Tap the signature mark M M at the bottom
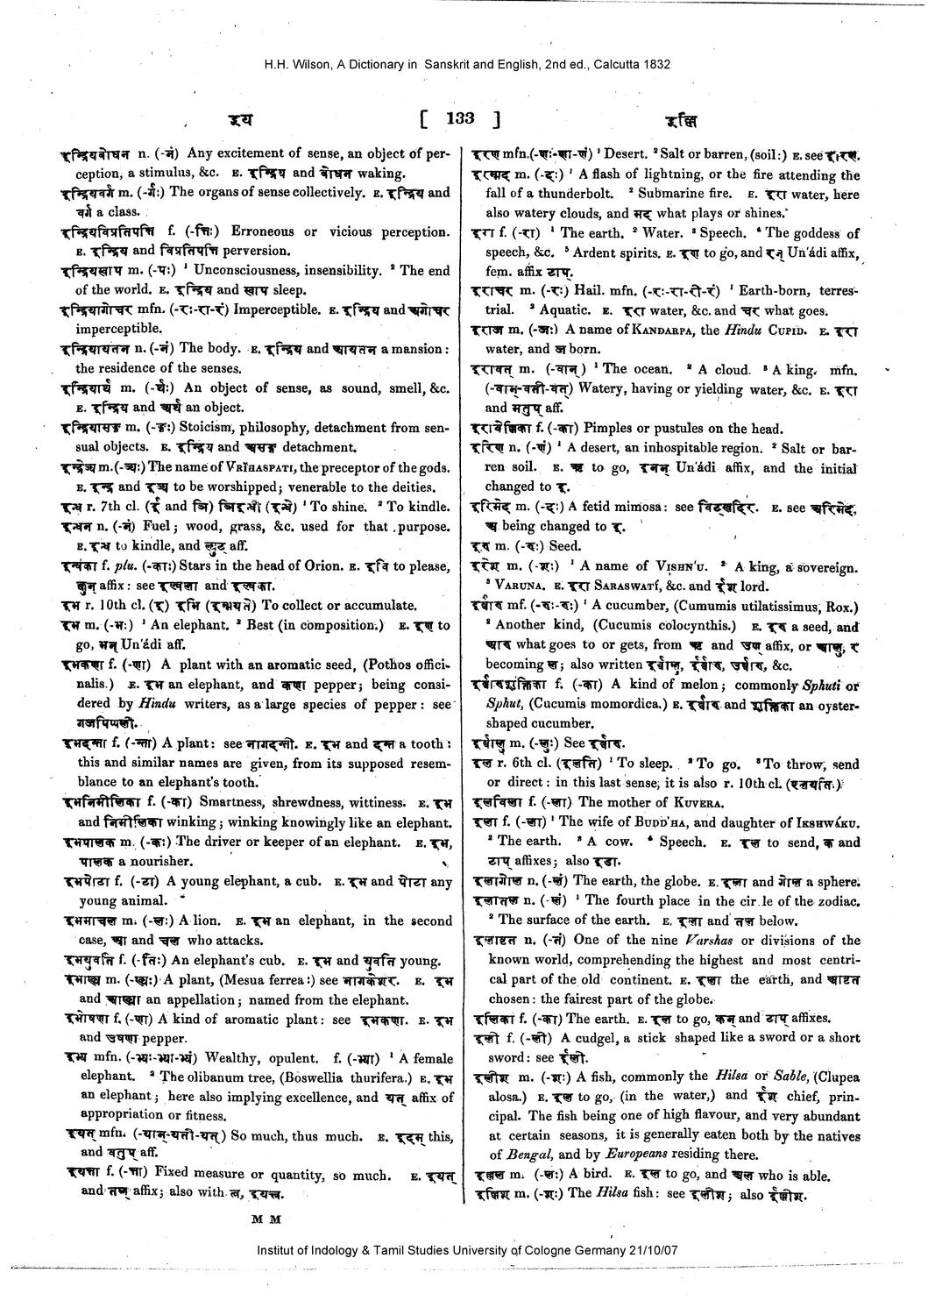click(263, 1218)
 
